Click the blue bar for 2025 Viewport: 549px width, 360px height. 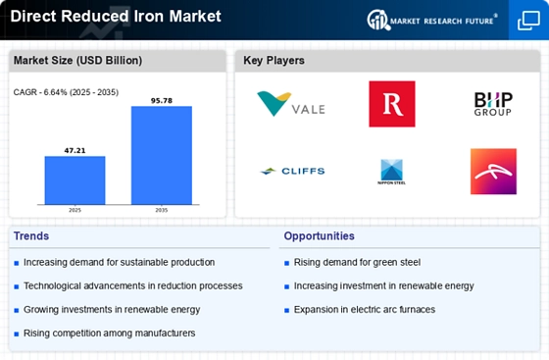[x=75, y=180]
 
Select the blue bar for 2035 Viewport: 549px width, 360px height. [x=162, y=155]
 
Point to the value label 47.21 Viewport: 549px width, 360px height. [x=75, y=151]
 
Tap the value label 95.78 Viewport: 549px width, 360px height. [x=162, y=101]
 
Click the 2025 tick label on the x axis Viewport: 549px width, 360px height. [x=75, y=210]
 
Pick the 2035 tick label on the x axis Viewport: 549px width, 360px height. [x=162, y=210]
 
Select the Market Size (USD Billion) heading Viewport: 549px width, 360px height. [x=77, y=60]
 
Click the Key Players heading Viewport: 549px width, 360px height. [x=274, y=60]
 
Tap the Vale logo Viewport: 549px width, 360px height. [x=291, y=104]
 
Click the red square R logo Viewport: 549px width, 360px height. [x=392, y=104]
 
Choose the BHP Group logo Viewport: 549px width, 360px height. [x=493, y=104]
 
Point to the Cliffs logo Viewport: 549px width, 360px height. [x=292, y=171]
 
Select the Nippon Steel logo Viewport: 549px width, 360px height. [x=392, y=172]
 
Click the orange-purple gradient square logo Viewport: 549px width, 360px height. [x=493, y=172]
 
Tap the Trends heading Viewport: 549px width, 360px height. [x=31, y=236]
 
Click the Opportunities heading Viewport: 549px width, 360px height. [x=319, y=236]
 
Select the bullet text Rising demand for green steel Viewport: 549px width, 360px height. [x=357, y=262]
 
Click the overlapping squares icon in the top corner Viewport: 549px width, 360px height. [x=528, y=21]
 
